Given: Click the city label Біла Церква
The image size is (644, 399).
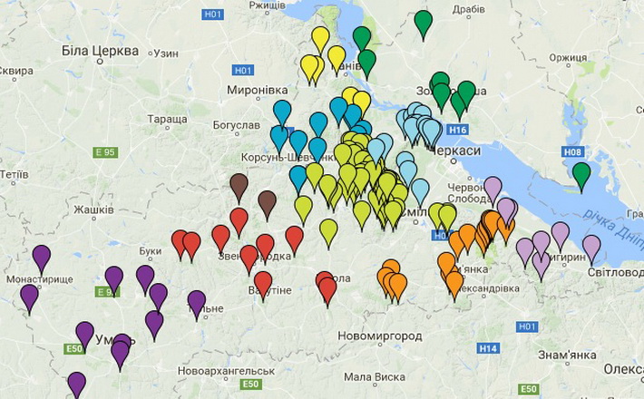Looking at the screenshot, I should [x=100, y=50].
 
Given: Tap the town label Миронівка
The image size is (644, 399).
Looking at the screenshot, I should [x=257, y=91].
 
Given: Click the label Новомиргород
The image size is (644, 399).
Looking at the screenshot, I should [x=379, y=336].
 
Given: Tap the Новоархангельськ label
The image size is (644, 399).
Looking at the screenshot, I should [x=226, y=371].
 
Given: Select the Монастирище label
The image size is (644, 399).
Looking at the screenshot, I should [x=39, y=279].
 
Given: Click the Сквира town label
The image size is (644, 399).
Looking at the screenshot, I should [x=16, y=71].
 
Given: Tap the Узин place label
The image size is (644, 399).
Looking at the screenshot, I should [x=166, y=54].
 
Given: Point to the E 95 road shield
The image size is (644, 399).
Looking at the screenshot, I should [x=105, y=152].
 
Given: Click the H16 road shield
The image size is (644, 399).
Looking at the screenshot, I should [x=457, y=131].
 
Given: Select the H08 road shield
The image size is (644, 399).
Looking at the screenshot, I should [x=573, y=151].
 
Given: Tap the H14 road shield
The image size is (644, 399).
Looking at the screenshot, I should [x=488, y=348].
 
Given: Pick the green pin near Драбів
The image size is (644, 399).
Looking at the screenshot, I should [x=423, y=21].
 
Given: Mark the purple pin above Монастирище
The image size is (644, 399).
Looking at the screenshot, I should [x=42, y=257].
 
